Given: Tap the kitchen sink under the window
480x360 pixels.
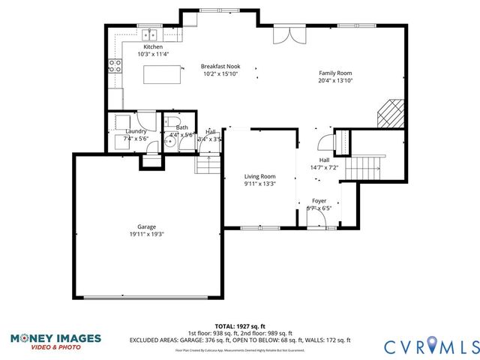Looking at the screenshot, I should point(151,34).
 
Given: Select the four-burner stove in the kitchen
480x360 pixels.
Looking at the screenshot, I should point(115,66).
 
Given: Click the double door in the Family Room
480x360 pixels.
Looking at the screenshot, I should point(288,34).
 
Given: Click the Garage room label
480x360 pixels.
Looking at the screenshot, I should point(146,226).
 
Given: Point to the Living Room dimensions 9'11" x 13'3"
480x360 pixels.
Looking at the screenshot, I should point(259,184).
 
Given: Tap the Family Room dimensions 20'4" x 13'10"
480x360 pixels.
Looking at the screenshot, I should point(334,79).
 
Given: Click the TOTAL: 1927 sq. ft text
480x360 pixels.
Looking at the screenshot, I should point(239,326).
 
